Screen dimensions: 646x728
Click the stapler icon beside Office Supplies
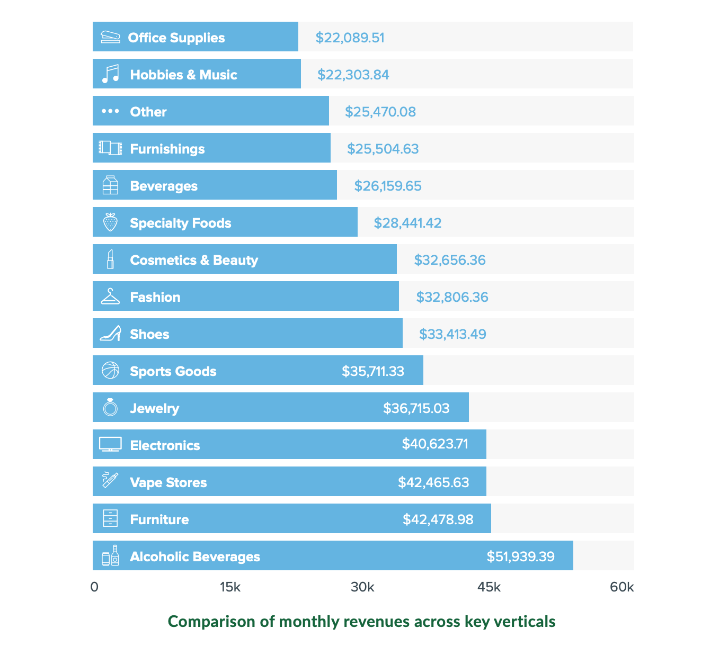click(110, 37)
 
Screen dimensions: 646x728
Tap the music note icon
click(110, 74)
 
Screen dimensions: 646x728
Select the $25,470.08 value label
click(380, 112)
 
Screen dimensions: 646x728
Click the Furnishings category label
click(167, 149)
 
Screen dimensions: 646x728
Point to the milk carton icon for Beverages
click(110, 185)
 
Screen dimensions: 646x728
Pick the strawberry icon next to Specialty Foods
click(110, 222)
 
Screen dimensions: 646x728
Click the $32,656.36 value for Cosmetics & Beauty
click(449, 260)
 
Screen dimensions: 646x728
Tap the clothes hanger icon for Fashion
click(110, 297)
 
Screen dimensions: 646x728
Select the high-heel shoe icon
click(110, 334)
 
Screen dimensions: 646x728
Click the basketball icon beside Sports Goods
click(110, 371)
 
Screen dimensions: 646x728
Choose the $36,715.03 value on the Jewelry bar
click(416, 408)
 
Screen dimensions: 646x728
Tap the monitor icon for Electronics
click(110, 444)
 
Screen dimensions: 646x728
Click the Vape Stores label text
click(168, 482)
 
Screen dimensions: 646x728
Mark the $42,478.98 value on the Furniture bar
click(438, 519)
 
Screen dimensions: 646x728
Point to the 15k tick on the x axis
click(229, 587)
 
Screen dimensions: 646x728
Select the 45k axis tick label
click(489, 587)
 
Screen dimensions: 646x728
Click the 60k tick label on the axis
click(622, 587)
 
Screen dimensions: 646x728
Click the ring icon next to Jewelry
click(110, 407)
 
